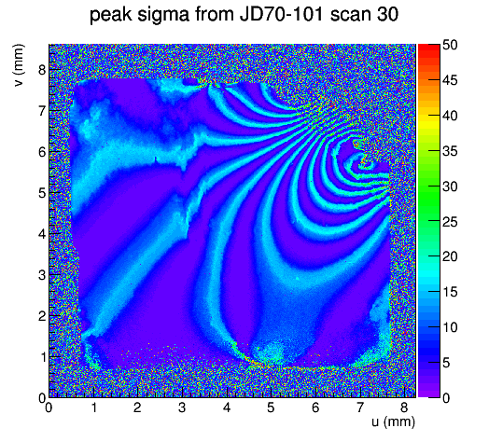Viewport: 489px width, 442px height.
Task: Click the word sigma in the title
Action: pos(162,15)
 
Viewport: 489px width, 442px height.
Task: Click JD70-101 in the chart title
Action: pos(281,14)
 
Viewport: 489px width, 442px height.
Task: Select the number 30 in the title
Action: pos(387,14)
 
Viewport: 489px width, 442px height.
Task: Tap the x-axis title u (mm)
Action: pos(393,421)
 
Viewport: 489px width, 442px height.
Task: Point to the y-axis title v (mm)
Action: pos(19,65)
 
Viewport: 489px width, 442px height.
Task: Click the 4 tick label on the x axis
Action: pos(227,407)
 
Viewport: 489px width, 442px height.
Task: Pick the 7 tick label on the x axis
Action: pos(360,407)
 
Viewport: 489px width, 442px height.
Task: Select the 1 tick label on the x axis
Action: pos(93,407)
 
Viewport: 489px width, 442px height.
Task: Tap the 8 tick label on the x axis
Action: pos(404,407)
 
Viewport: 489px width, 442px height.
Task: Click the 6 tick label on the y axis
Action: pos(42,152)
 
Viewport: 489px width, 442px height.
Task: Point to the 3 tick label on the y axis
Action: pos(42,275)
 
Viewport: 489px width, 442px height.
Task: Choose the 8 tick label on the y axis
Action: pos(42,70)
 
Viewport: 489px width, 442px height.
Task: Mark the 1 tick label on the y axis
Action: pos(42,357)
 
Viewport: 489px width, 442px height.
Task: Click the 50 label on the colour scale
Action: pos(450,46)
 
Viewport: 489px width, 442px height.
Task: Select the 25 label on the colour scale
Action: pos(450,222)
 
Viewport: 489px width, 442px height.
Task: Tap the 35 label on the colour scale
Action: pos(450,151)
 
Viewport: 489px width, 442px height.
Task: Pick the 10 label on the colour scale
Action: pos(450,327)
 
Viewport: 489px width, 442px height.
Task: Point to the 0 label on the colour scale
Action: pos(446,398)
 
